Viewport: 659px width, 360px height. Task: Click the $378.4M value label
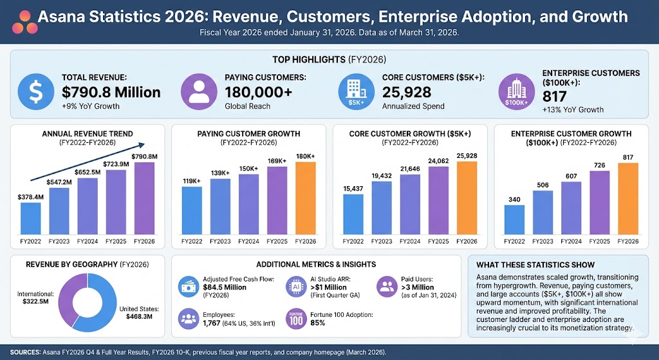click(31, 196)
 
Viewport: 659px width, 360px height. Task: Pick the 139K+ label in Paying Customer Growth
click(219, 173)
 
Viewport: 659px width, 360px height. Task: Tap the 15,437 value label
click(353, 187)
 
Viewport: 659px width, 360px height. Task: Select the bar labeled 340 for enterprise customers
click(514, 220)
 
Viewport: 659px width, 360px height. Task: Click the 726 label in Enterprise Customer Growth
click(600, 166)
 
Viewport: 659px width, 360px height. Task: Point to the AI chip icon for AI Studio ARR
click(293, 286)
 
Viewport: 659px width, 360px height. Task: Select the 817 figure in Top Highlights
click(555, 96)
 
